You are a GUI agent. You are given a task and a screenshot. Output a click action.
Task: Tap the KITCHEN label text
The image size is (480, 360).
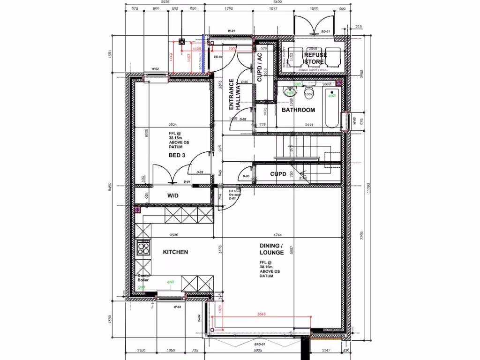coord(175,252)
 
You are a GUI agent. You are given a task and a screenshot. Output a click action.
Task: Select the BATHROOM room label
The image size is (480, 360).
coord(298,110)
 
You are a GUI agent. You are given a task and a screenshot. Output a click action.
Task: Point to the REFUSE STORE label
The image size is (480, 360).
coord(315,58)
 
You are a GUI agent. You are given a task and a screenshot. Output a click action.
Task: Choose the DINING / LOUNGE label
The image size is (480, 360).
coord(271,249)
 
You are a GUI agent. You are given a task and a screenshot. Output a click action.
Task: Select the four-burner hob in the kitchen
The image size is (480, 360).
coord(143,247)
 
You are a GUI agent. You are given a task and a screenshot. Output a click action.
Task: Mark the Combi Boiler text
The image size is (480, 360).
coord(143,277)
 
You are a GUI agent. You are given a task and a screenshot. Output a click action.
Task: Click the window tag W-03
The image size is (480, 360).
coord(177,307)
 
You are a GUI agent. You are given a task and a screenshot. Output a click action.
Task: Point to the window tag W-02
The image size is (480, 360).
coord(155,69)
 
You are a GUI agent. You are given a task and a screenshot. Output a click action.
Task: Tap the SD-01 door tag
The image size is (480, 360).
coord(325,32)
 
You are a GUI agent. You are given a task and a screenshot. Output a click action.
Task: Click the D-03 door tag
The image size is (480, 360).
coord(246,176)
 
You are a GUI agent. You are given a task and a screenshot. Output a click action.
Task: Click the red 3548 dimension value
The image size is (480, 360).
coord(261,314)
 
